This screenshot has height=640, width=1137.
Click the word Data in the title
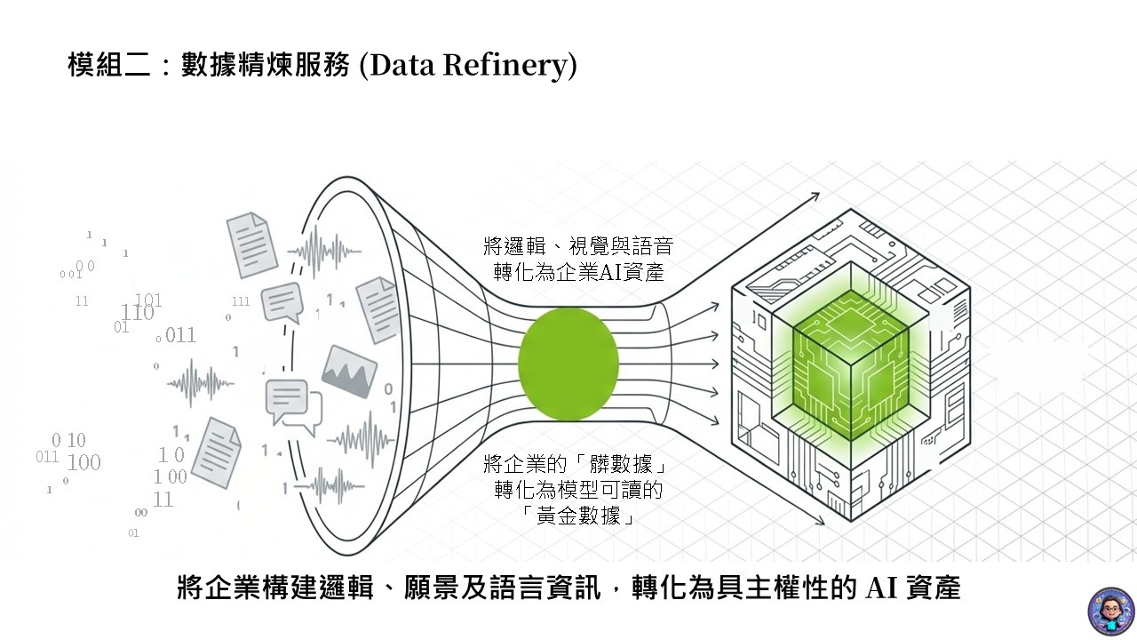(399, 65)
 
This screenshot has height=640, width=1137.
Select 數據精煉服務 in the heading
(266, 65)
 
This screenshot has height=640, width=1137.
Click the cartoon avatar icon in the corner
(1109, 611)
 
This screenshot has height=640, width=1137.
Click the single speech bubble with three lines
(282, 302)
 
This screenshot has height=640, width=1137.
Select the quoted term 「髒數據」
(622, 464)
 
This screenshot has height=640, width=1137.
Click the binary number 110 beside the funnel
(138, 313)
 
